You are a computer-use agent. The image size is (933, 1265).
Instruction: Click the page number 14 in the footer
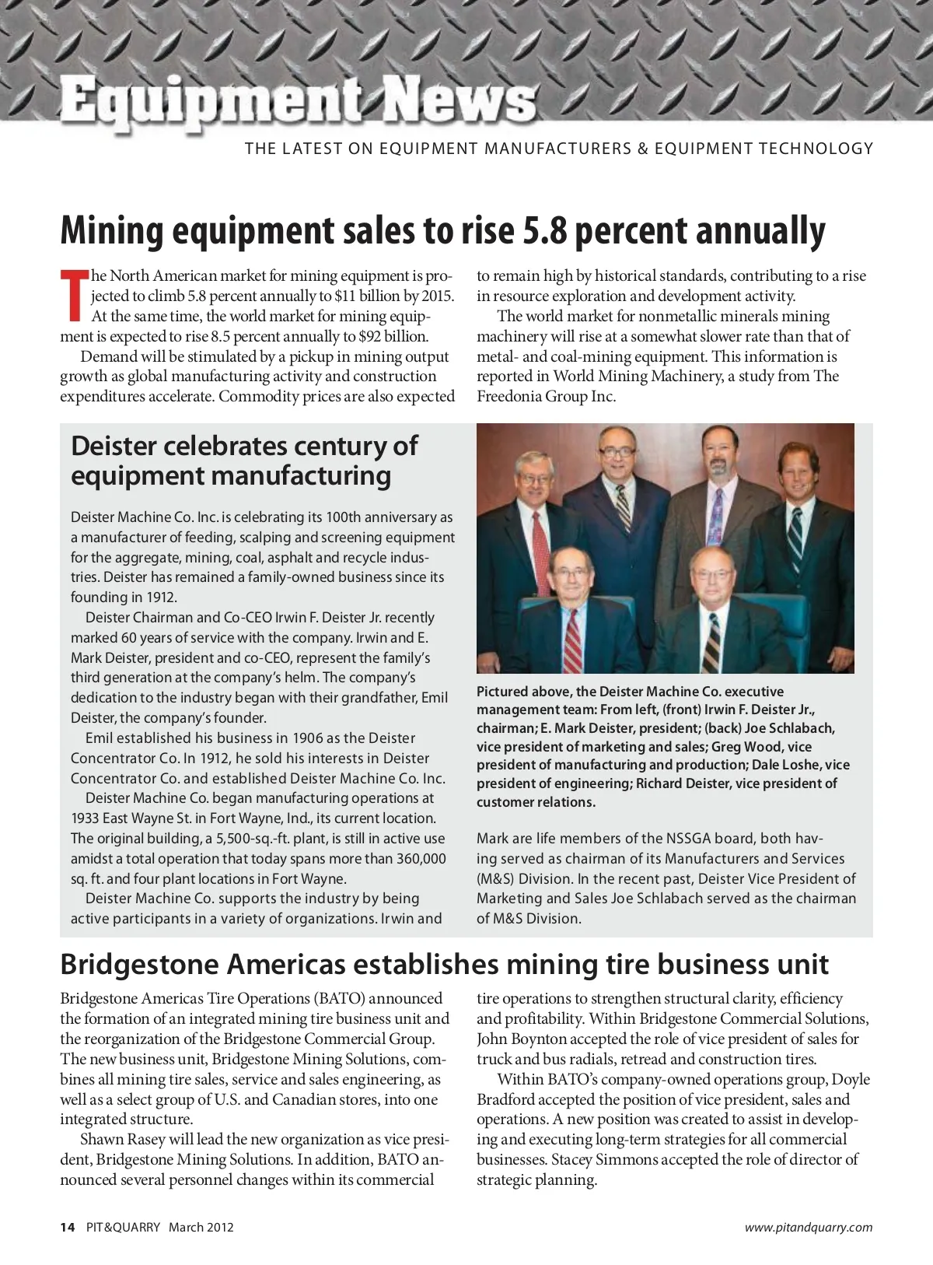tap(68, 1227)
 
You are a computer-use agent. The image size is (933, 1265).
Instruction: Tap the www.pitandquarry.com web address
tap(808, 1227)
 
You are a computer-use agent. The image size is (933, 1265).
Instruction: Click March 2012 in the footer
tap(201, 1227)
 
